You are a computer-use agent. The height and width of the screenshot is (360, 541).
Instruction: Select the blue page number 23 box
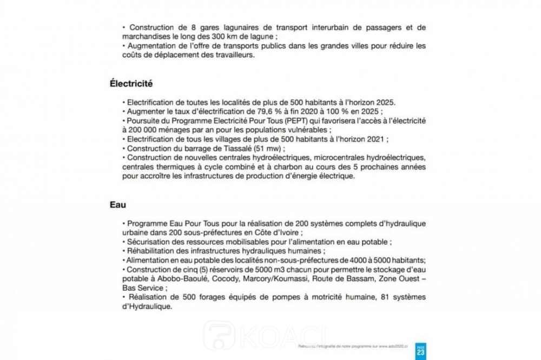pyautogui.click(x=421, y=350)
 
